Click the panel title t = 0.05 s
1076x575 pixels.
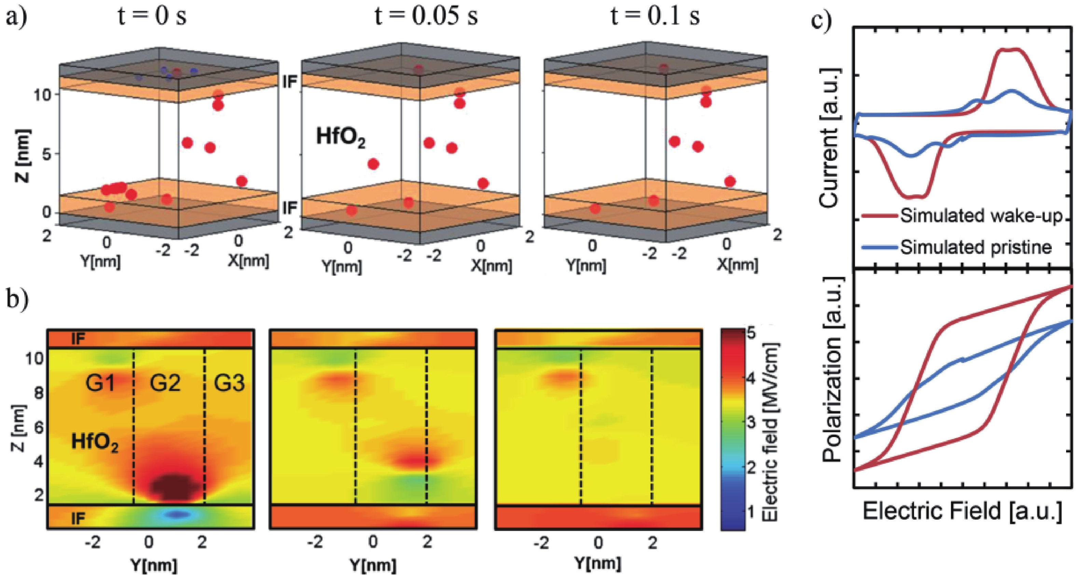(x=426, y=17)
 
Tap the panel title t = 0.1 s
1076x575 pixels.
(x=655, y=17)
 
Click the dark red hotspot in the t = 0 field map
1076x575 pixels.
(x=169, y=487)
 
